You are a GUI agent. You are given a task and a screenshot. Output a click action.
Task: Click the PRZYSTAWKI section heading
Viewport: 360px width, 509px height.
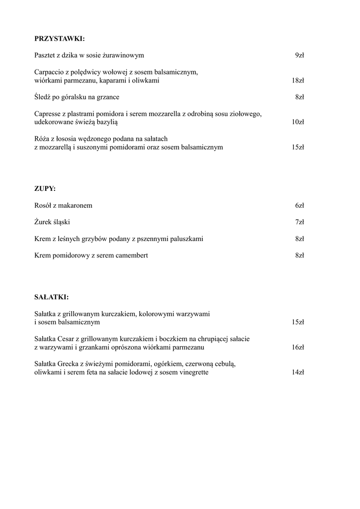point(60,38)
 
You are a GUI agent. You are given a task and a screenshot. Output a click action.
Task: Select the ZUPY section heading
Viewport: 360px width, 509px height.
point(45,188)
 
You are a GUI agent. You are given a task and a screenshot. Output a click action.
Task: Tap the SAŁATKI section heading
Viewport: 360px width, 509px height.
point(52,297)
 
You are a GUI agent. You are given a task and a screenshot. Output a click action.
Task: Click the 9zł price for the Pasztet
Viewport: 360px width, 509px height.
point(299,55)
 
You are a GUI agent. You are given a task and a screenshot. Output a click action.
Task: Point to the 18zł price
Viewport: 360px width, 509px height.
point(298,81)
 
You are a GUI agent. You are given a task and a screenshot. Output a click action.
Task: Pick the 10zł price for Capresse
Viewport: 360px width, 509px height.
point(298,122)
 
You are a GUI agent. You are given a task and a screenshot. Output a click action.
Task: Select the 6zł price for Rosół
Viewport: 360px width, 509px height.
point(299,205)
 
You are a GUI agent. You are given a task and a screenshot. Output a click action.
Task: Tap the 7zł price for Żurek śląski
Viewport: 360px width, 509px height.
point(299,222)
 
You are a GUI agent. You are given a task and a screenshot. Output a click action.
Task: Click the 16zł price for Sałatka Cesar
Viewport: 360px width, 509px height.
point(298,347)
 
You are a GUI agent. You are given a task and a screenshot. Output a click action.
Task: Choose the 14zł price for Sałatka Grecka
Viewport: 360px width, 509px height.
point(298,372)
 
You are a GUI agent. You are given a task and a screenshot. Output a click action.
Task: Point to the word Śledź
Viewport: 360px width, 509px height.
point(43,97)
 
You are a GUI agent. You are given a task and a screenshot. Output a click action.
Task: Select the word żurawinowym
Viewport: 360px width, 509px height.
point(127,55)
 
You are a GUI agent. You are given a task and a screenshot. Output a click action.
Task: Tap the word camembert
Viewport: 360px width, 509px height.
point(130,255)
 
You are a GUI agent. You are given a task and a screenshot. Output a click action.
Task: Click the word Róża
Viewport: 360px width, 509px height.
point(42,139)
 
